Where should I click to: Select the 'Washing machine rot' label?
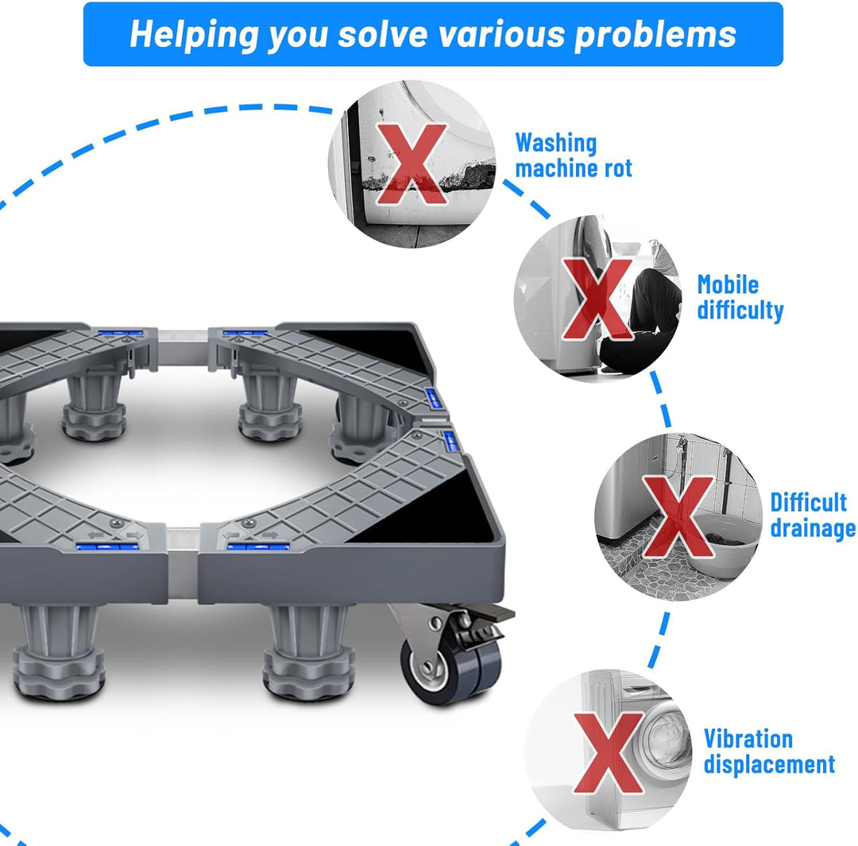click(574, 156)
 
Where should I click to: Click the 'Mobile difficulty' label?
click(740, 297)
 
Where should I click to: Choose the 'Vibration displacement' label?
click(769, 751)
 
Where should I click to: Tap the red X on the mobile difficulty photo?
click(597, 299)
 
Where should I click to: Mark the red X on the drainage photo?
click(678, 517)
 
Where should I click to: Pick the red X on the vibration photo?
click(609, 753)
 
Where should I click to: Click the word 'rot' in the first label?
click(618, 168)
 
